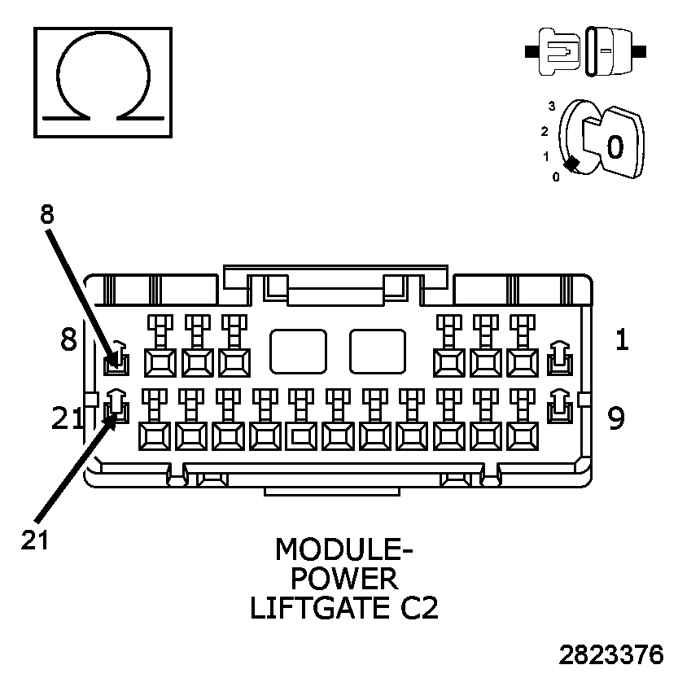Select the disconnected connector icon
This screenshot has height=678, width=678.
tap(586, 50)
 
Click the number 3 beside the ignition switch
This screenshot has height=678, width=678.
tap(551, 106)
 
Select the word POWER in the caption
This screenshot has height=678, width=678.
tap(344, 579)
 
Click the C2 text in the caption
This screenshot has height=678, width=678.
tap(415, 608)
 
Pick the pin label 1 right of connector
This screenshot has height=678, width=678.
tap(621, 339)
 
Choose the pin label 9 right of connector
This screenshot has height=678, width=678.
tap(616, 418)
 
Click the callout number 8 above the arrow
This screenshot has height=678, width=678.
tap(46, 215)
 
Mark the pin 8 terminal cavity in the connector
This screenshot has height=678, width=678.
tap(116, 358)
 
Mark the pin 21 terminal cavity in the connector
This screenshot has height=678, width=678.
tap(116, 406)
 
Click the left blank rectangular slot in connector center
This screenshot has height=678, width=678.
tap(298, 351)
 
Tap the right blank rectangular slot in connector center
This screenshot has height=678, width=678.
tap(378, 351)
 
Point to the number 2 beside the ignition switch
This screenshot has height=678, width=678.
tap(544, 131)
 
